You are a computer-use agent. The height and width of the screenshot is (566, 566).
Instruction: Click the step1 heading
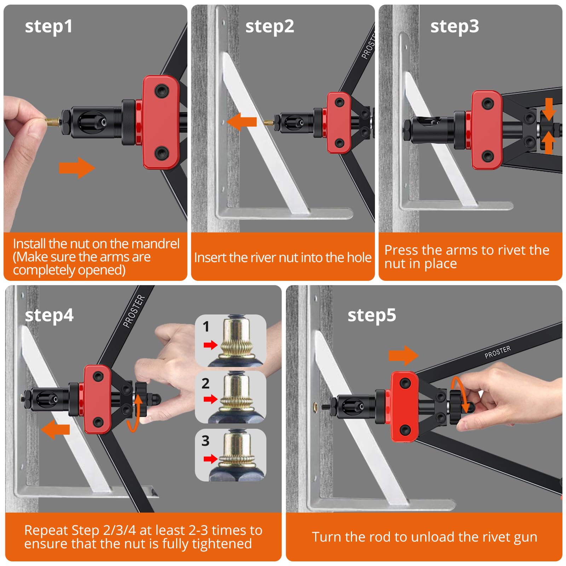point(49,27)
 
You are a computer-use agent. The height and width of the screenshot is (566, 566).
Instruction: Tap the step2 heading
point(270,27)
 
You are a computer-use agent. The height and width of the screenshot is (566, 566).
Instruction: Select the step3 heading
point(455,27)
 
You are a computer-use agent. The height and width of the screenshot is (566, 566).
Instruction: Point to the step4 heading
point(49,315)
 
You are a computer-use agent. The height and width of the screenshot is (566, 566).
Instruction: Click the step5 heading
point(372,315)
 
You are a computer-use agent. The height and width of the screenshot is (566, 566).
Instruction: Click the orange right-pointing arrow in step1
point(77,168)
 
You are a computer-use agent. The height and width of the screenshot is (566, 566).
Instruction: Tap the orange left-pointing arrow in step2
point(242,122)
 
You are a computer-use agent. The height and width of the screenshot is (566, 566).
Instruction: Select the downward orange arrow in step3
point(549,109)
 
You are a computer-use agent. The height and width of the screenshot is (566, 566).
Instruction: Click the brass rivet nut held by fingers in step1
point(52,122)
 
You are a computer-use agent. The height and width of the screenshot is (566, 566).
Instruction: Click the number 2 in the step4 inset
point(206,383)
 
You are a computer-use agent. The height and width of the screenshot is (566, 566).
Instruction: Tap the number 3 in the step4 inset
point(206,441)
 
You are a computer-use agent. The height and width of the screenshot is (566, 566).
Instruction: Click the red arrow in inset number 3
point(210,459)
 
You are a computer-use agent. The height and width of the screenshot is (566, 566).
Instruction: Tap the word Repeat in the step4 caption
point(46,531)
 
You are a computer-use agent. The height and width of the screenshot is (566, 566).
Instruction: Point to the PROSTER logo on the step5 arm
point(498,352)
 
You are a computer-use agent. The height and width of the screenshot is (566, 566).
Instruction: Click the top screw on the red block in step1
point(161,91)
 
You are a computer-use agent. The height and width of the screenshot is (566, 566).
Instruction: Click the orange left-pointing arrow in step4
point(56,429)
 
